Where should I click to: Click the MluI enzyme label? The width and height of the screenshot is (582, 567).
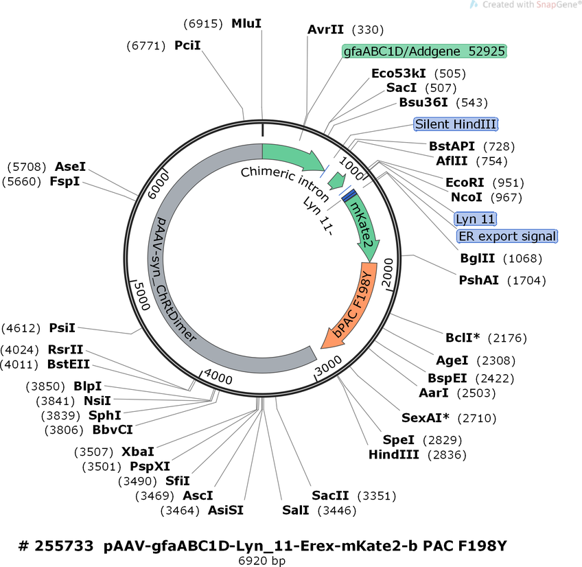tap(246, 24)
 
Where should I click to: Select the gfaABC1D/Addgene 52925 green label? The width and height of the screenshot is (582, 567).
tap(424, 51)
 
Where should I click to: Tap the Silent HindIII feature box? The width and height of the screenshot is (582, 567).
tap(456, 124)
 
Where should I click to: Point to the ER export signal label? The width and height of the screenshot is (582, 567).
tap(507, 236)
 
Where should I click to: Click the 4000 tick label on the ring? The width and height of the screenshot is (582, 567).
tap(218, 376)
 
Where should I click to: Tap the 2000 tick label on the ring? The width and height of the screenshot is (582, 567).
tap(388, 273)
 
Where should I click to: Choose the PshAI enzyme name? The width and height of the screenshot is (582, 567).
tap(478, 280)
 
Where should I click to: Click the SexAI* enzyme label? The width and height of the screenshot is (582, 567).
tap(425, 418)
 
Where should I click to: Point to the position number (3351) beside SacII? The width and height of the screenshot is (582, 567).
tap(377, 496)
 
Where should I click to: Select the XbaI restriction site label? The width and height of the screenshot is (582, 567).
tap(138, 452)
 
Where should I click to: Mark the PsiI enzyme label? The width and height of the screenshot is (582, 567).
tap(62, 328)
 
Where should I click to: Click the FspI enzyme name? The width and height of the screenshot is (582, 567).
tap(65, 181)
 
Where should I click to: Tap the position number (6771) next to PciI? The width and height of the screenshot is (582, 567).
tap(146, 46)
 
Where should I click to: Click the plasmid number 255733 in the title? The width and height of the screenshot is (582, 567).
tap(64, 546)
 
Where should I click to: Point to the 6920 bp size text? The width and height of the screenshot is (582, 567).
tap(261, 560)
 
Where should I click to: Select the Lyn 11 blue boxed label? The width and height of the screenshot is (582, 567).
tap(475, 219)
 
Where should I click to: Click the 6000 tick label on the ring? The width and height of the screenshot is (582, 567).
tap(159, 185)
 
